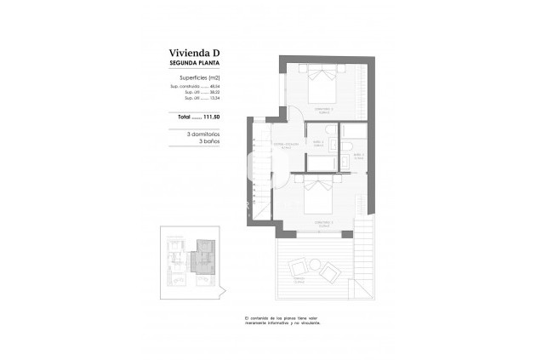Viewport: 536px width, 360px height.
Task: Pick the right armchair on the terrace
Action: coord(328,272)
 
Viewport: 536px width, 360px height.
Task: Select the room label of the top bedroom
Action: coord(319,109)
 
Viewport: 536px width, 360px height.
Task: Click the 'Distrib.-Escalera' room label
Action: coord(286,146)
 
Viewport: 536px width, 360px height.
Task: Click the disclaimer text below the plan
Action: coord(283,320)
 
